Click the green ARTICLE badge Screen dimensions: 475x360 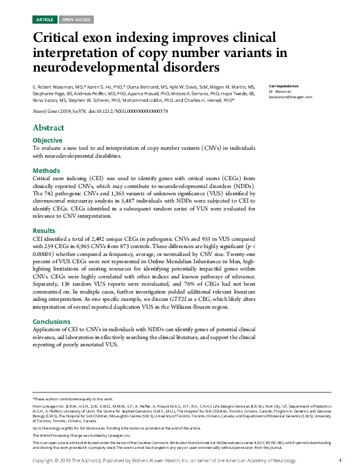[45, 20]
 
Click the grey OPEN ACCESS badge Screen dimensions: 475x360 [76, 20]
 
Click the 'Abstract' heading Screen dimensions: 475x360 [48, 128]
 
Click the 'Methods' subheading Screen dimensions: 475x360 [45, 171]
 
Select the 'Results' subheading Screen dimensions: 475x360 [44, 231]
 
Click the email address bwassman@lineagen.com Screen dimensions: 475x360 [290, 97]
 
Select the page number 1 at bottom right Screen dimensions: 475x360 [340, 462]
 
